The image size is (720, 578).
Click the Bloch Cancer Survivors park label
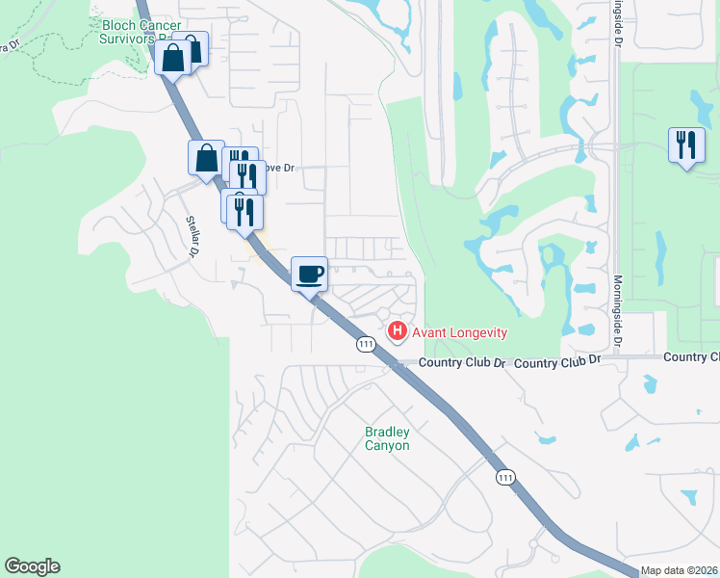click(x=141, y=32)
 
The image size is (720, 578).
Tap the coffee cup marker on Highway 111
click(x=309, y=274)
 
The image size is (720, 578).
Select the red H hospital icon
click(x=397, y=331)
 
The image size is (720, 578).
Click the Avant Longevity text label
click(x=459, y=332)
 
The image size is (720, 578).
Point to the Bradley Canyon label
click(x=387, y=439)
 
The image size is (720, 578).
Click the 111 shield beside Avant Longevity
click(x=365, y=344)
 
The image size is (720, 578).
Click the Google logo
click(x=32, y=566)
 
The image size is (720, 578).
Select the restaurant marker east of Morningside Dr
click(x=686, y=145)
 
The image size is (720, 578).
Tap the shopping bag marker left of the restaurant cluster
click(x=207, y=158)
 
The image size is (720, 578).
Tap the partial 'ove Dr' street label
click(x=279, y=167)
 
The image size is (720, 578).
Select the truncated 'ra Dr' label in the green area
click(x=9, y=45)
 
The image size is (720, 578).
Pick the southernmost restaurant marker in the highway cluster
click(x=244, y=212)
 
